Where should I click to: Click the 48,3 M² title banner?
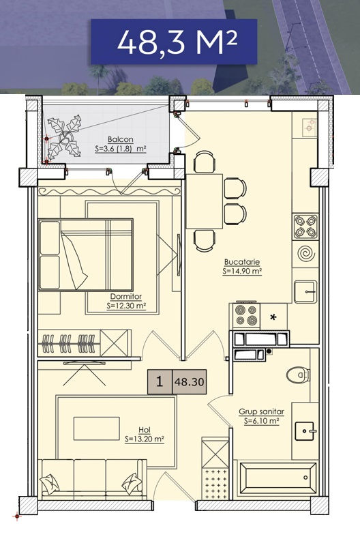(174, 42)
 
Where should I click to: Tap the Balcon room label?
(120, 140)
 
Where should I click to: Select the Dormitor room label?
(125, 296)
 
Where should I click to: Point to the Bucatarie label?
(242, 262)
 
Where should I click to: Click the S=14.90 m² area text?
(242, 272)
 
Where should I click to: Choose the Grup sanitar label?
(261, 412)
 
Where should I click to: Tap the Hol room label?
(145, 430)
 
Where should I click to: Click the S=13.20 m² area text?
(145, 439)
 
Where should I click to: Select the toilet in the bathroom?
(299, 375)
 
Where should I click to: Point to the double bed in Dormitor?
(85, 254)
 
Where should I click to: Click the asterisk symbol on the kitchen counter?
(273, 317)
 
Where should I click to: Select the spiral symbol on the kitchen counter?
(305, 254)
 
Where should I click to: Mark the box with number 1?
(160, 381)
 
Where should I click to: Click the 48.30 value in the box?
(190, 382)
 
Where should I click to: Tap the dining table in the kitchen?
(205, 201)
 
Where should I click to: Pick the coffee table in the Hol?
(97, 428)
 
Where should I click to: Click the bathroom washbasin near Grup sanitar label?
(305, 431)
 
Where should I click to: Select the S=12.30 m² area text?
(127, 306)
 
